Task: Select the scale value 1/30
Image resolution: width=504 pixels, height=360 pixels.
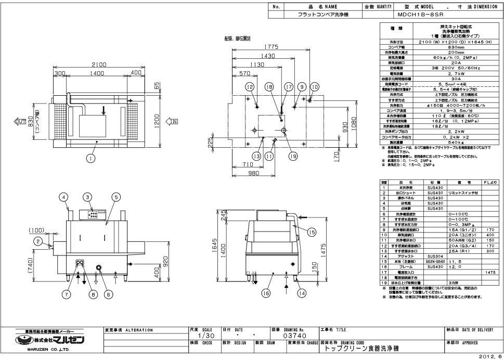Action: coord(203,337)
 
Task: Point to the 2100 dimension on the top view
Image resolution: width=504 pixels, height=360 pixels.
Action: coord(99,63)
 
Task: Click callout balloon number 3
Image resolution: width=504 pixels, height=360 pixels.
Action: coord(88,197)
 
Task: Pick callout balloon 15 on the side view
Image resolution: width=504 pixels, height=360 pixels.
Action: coord(312,233)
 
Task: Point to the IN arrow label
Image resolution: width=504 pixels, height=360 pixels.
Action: coord(171,121)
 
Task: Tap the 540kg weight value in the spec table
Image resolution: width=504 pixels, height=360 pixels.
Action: coord(441,142)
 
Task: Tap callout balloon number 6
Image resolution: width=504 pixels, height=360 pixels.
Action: coord(109,294)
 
